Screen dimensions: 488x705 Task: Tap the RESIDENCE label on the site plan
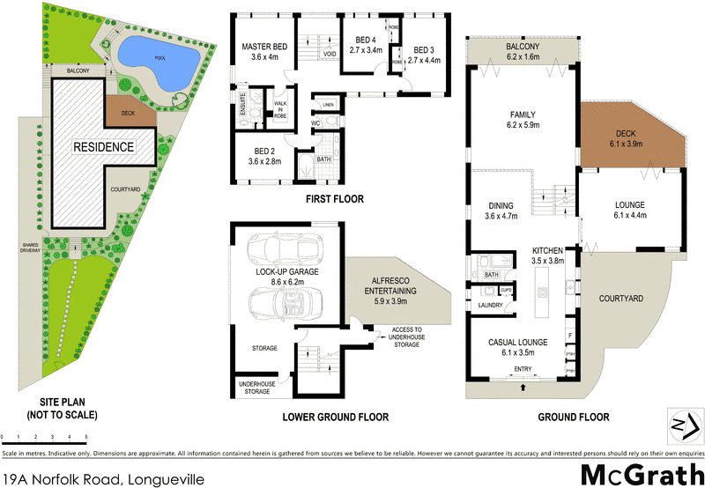click(103, 147)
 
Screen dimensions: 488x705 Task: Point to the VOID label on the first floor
click(330, 55)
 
